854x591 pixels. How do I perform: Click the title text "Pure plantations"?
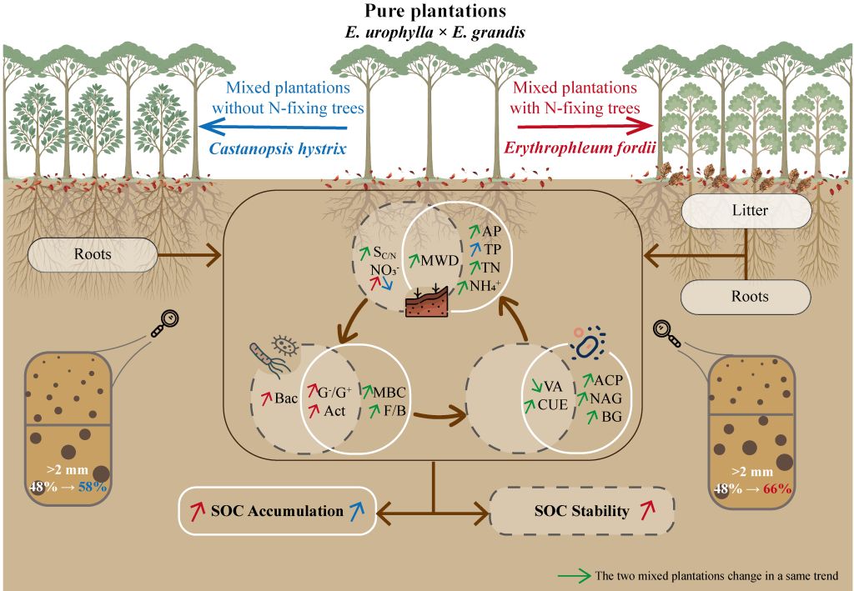click(x=427, y=12)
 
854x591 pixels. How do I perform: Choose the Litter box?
click(x=746, y=211)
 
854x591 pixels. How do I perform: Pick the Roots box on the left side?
click(x=93, y=255)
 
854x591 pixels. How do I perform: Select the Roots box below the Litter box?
click(x=746, y=296)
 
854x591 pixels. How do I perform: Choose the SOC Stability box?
click(x=581, y=511)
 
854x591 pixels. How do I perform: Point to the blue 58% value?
click(x=92, y=487)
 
